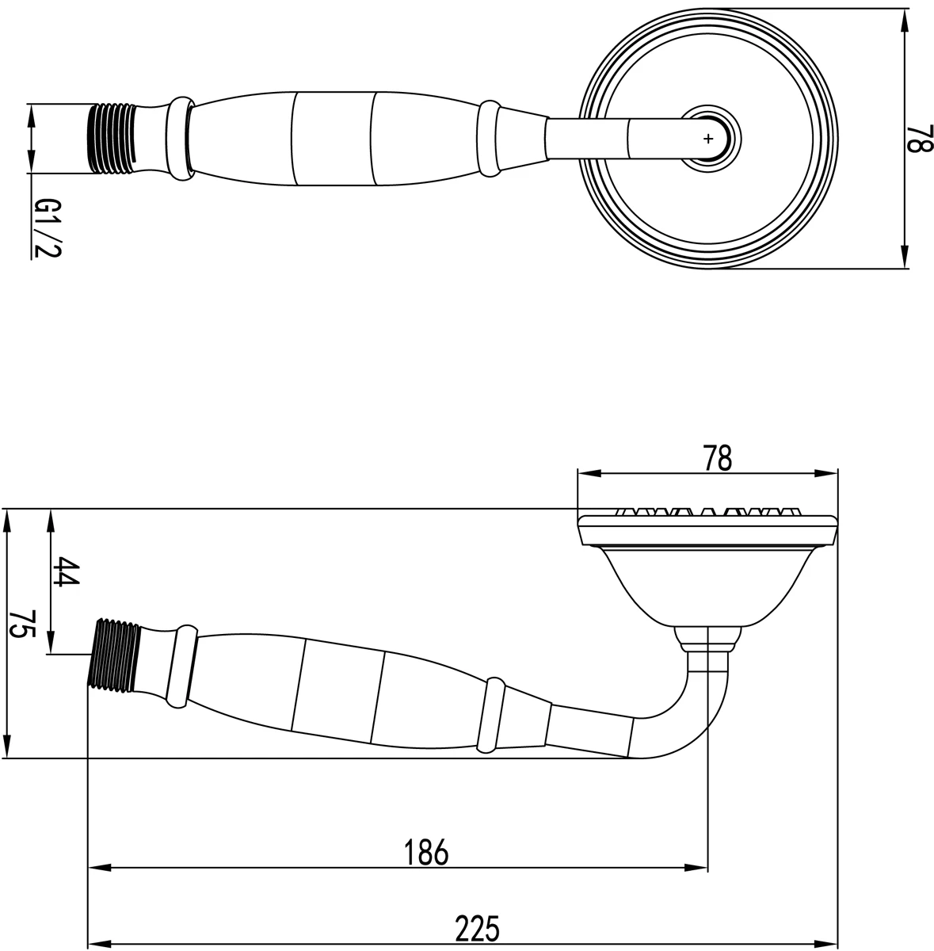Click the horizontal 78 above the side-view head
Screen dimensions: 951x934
click(x=716, y=459)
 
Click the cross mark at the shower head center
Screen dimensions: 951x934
click(x=707, y=138)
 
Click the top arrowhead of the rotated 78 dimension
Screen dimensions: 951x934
click(x=905, y=16)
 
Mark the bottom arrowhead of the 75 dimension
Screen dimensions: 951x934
click(x=9, y=751)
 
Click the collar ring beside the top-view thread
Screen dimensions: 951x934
click(x=180, y=138)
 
